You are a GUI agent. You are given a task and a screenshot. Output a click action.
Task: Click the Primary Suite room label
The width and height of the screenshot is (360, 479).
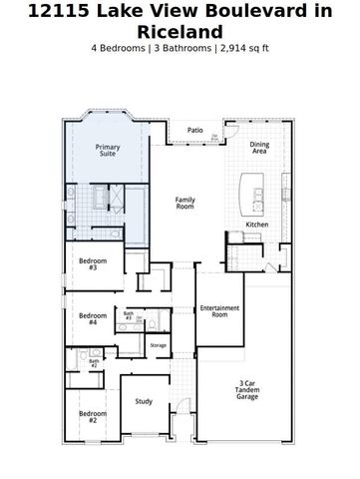click(x=108, y=151)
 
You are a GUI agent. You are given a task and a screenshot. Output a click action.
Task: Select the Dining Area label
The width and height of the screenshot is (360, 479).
click(x=259, y=148)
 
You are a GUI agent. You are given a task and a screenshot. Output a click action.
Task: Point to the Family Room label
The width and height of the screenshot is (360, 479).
click(x=185, y=203)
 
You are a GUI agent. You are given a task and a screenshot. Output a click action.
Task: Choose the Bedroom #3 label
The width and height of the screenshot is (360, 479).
click(x=93, y=264)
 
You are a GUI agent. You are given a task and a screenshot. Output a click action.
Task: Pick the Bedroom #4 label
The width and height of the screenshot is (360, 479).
click(x=93, y=319)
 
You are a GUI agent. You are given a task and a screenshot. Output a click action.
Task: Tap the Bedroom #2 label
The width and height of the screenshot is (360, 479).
click(x=93, y=416)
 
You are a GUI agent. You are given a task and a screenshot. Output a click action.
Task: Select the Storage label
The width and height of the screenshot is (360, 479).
click(x=159, y=345)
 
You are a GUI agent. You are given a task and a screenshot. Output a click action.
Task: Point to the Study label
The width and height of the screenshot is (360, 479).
click(x=144, y=402)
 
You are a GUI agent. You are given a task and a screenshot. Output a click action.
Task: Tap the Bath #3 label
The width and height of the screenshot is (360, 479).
click(x=129, y=316)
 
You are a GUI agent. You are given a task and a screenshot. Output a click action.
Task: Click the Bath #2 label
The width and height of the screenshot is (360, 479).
click(x=94, y=364)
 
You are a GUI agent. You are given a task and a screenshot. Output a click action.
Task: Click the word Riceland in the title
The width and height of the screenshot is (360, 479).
click(x=180, y=31)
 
